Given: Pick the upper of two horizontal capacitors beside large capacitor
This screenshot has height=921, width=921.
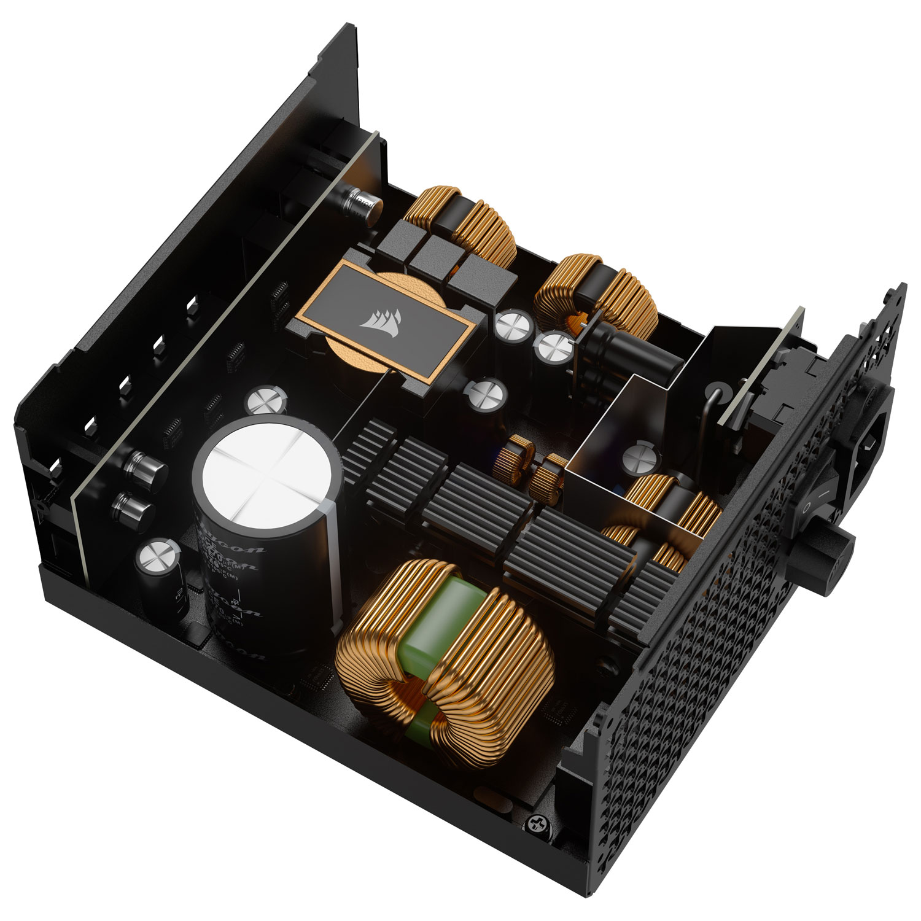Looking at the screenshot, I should [146, 466].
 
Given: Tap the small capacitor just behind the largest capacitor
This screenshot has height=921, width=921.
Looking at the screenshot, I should [266, 401].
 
